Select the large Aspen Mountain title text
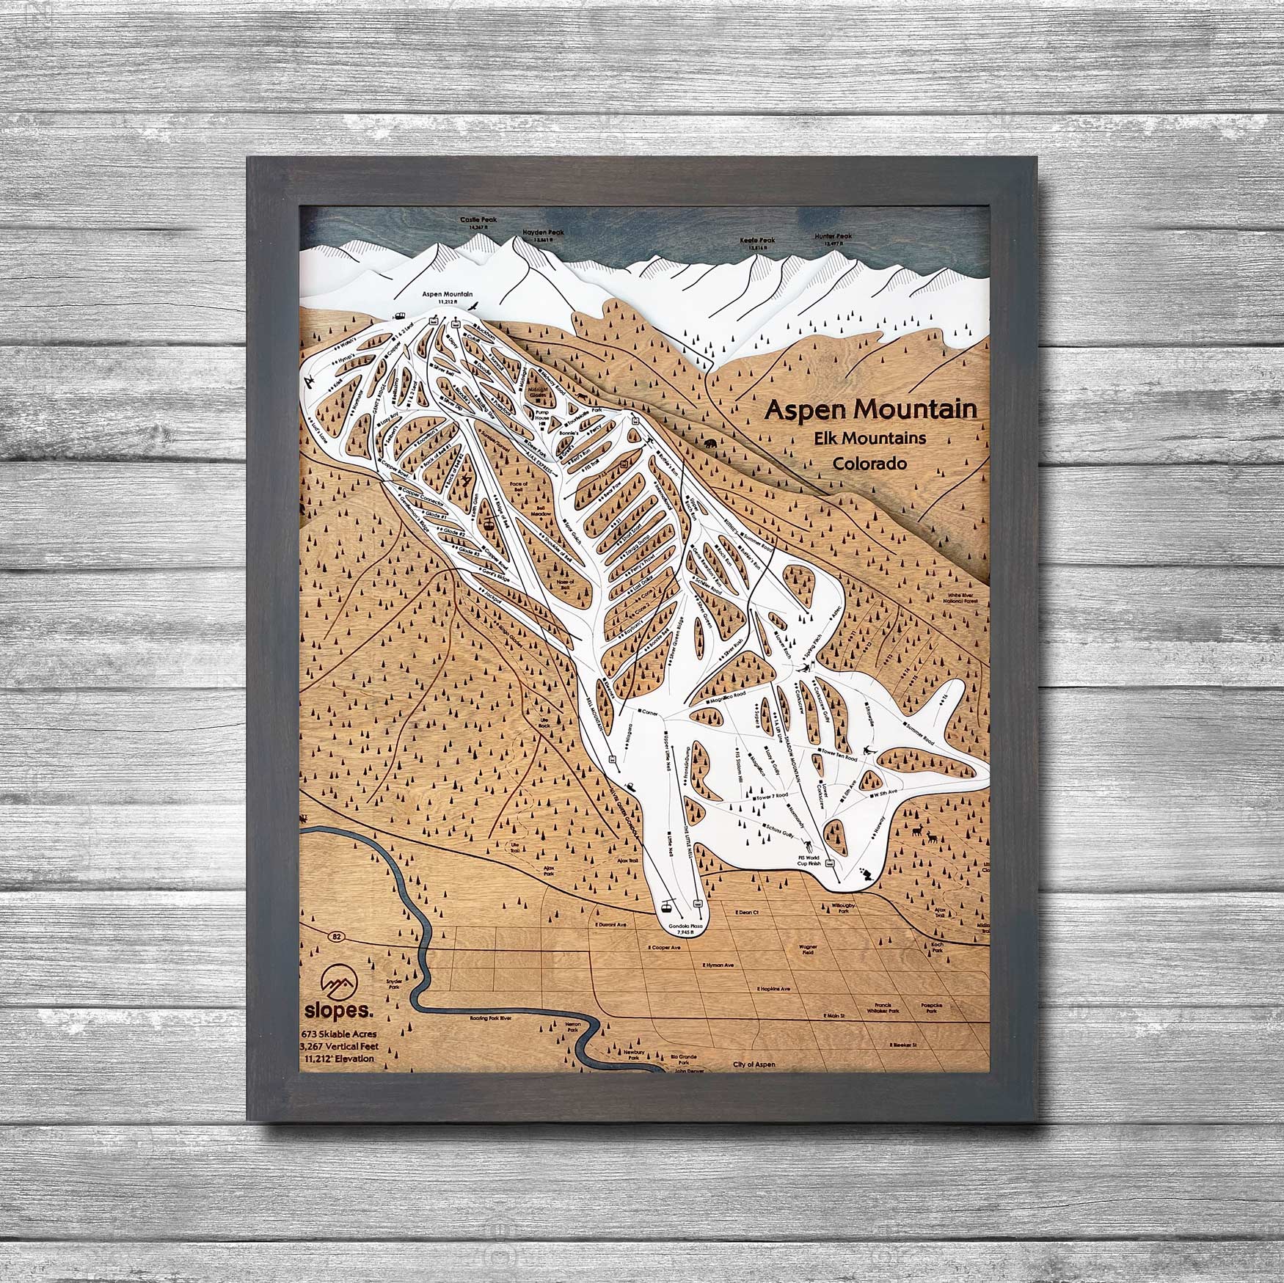(871, 409)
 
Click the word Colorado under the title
(869, 464)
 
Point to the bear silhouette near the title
(711, 444)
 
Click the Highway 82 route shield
(336, 936)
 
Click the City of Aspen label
(754, 1064)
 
